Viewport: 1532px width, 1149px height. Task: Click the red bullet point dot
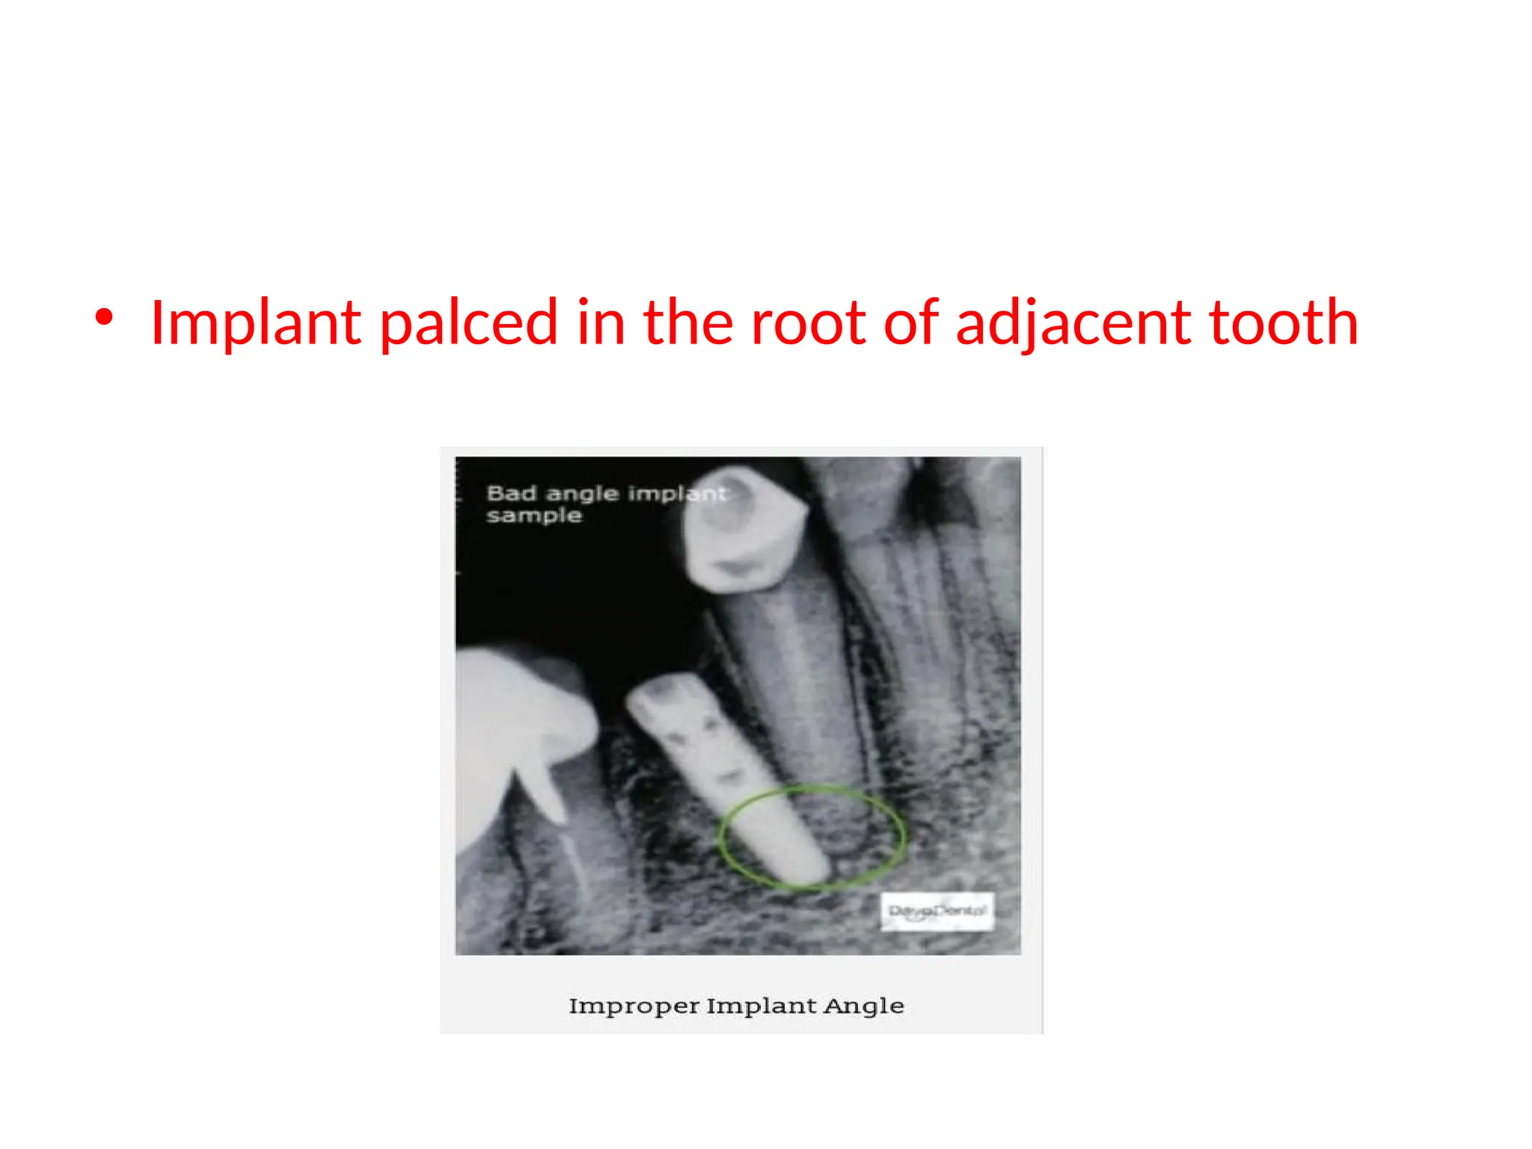pos(104,317)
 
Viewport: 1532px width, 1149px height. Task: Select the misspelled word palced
pos(469,323)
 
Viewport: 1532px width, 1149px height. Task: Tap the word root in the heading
pos(807,323)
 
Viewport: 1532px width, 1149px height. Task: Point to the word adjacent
pos(1073,323)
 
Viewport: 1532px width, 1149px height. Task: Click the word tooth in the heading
pos(1284,323)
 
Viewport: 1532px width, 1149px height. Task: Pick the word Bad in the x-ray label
pos(511,494)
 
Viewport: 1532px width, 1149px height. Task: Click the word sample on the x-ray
pos(533,515)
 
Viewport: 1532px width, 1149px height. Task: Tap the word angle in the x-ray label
pos(582,494)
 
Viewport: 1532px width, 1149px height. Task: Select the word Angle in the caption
pos(864,1005)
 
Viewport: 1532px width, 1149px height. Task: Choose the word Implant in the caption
pos(762,1006)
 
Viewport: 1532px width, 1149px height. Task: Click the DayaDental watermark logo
pos(937,911)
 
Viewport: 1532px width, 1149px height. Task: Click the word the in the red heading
pos(687,323)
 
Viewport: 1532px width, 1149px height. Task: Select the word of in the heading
pos(910,323)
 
